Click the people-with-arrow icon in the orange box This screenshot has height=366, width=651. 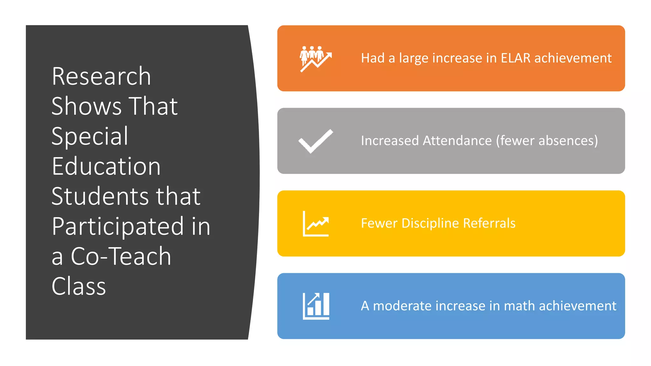click(x=316, y=58)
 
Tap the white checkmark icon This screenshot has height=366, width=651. click(x=316, y=141)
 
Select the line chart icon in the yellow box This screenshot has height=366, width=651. click(x=316, y=224)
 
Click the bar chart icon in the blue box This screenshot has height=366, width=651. click(x=316, y=306)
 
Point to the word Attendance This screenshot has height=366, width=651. click(x=457, y=141)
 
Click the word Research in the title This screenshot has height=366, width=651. click(x=101, y=77)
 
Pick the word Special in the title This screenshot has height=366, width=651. click(x=90, y=136)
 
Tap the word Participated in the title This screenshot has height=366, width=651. click(x=118, y=226)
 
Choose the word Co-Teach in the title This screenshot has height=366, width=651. click(x=121, y=256)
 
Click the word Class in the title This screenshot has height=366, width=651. click(x=79, y=286)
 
